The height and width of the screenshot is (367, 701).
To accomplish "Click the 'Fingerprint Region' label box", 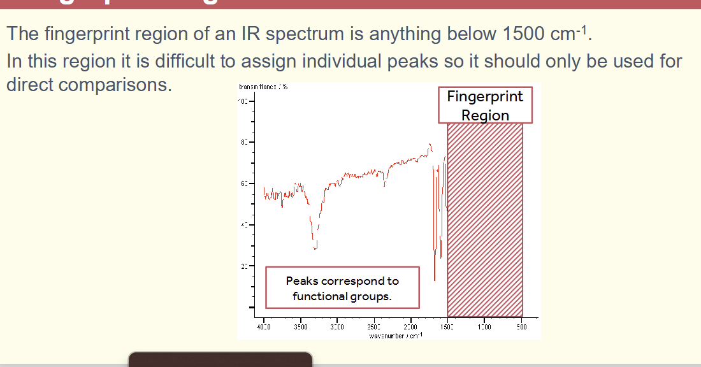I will pyautogui.click(x=485, y=106).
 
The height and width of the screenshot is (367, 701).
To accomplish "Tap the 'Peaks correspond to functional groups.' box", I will pyautogui.click(x=342, y=288).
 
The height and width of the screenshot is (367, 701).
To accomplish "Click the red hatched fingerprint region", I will pyautogui.click(x=485, y=217).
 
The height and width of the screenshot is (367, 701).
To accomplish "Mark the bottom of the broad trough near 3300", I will pyautogui.click(x=315, y=248).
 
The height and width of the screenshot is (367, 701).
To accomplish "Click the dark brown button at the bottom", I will pyautogui.click(x=220, y=359).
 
